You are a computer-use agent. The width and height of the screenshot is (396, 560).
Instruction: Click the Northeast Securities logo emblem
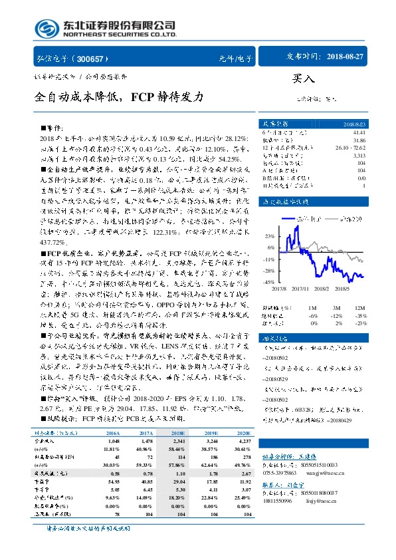tap(45, 27)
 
